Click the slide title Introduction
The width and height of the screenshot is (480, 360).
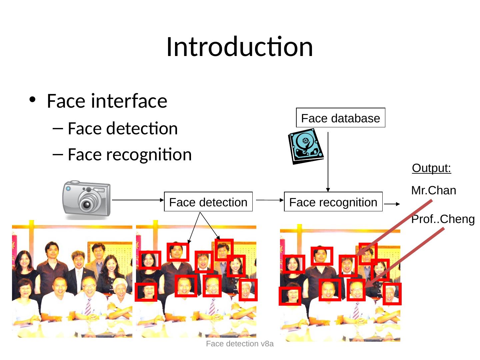(x=239, y=47)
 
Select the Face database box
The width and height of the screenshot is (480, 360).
(x=340, y=118)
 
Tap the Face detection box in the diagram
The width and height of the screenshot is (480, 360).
(x=208, y=202)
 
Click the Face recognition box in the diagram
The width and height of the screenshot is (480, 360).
(x=333, y=202)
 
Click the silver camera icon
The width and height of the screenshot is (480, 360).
(x=86, y=199)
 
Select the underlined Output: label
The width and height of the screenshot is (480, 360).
(x=431, y=168)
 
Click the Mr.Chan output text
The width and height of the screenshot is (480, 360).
(x=434, y=191)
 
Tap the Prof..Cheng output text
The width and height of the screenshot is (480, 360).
(x=443, y=219)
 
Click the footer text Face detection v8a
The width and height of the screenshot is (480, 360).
(x=240, y=344)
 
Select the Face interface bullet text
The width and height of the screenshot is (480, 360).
(x=107, y=101)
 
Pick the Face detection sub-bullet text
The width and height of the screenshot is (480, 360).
(x=122, y=129)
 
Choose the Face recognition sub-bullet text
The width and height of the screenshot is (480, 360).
(x=129, y=154)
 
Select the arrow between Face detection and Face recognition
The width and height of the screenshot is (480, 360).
(x=268, y=200)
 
